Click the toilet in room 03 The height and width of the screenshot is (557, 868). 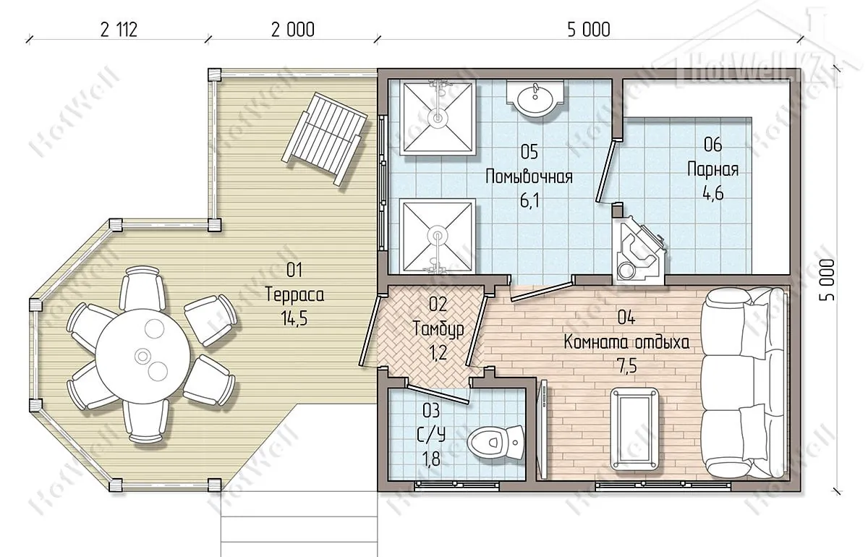pyautogui.click(x=495, y=442)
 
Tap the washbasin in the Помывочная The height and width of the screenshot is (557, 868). pyautogui.click(x=535, y=98)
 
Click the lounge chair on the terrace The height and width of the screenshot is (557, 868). pyautogui.click(x=325, y=138)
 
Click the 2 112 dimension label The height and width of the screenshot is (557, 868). pyautogui.click(x=119, y=30)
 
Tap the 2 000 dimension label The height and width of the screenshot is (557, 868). pyautogui.click(x=292, y=30)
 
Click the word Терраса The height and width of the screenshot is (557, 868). pyautogui.click(x=294, y=295)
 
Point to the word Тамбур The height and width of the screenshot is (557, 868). pyautogui.click(x=438, y=328)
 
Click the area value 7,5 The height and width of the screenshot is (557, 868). pyautogui.click(x=626, y=365)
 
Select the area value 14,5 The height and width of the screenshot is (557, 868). pyautogui.click(x=294, y=318)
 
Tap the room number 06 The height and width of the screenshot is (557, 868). pyautogui.click(x=713, y=145)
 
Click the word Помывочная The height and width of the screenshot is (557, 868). pyautogui.click(x=529, y=177)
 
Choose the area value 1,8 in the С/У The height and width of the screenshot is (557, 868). pyautogui.click(x=430, y=459)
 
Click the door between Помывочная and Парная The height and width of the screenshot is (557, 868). pyautogui.click(x=605, y=171)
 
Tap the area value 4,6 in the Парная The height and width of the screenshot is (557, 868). pyautogui.click(x=713, y=192)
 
